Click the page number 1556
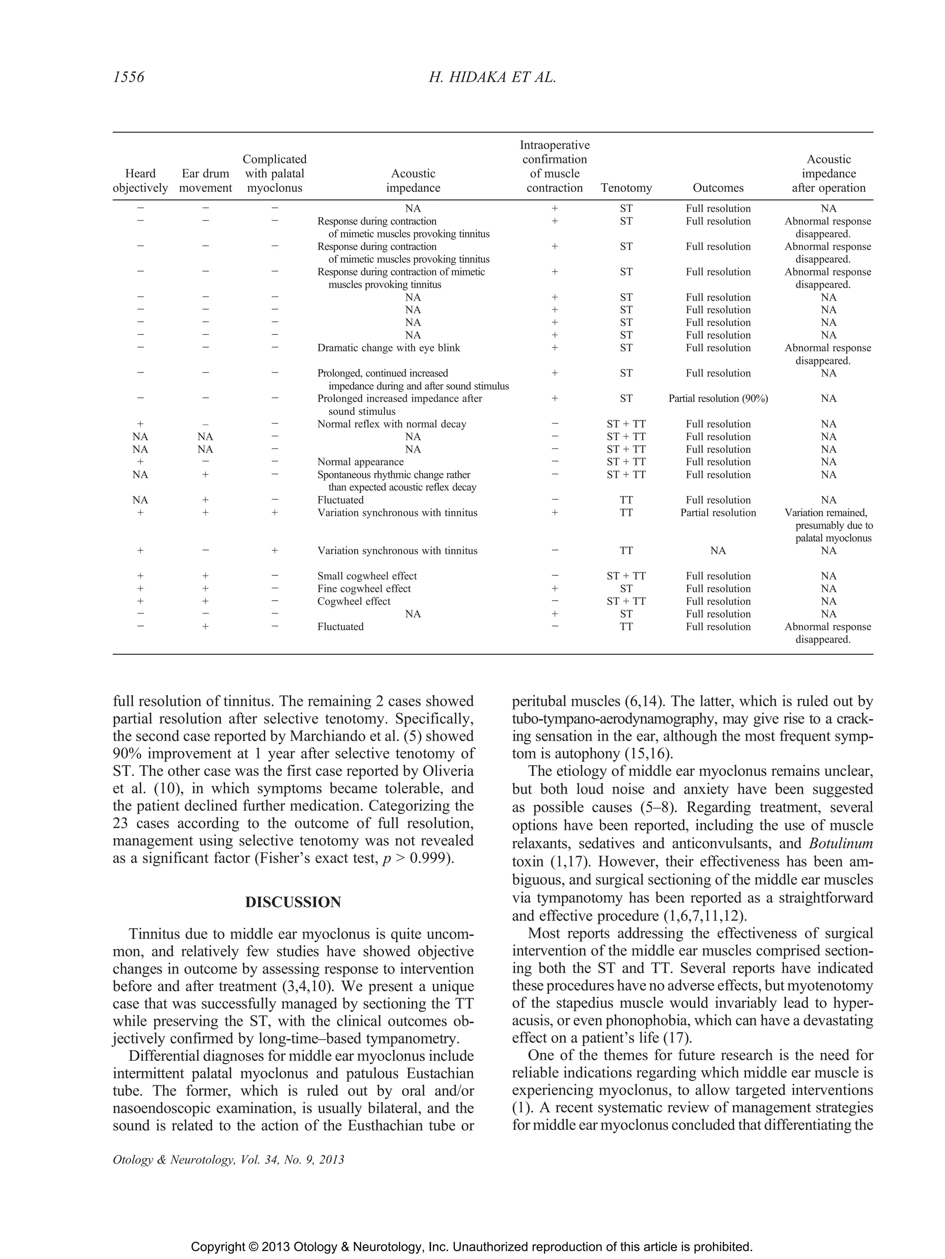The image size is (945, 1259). click(129, 77)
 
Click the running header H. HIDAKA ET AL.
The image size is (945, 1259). click(492, 77)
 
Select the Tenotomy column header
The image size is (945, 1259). click(626, 188)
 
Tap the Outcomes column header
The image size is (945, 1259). click(718, 188)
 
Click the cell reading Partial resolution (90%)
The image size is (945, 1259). click(718, 398)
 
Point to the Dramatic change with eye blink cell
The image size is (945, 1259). click(389, 348)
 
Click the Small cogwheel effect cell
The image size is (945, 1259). click(367, 576)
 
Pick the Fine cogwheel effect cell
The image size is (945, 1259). click(364, 589)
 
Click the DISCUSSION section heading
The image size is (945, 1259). click(293, 902)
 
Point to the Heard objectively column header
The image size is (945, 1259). click(140, 181)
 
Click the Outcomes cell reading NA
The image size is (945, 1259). click(718, 550)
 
